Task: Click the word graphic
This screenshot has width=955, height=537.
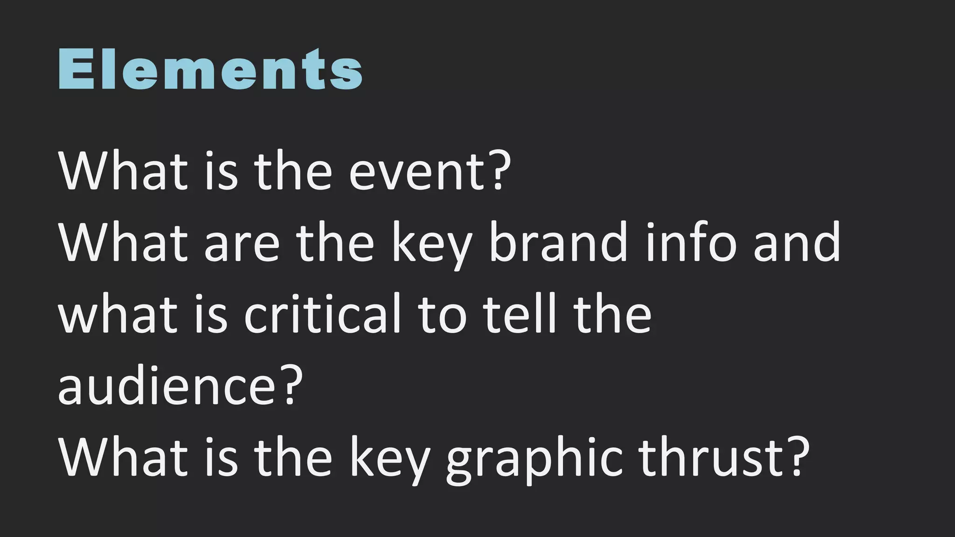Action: click(534, 459)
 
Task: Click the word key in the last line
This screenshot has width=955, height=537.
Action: click(389, 459)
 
